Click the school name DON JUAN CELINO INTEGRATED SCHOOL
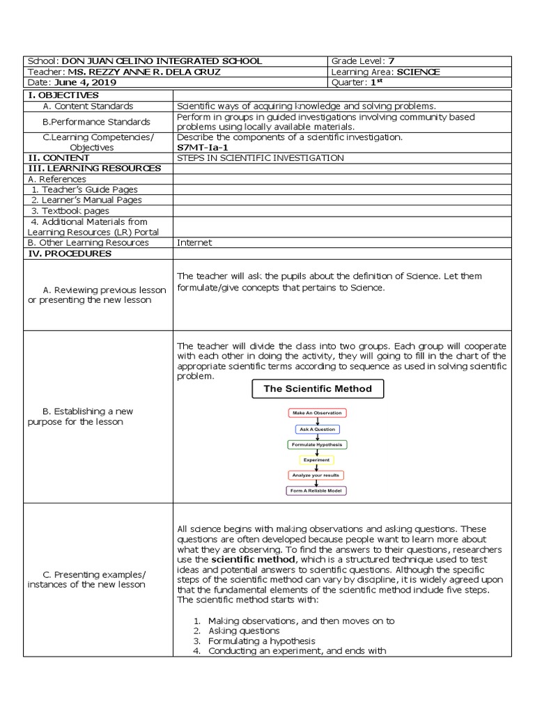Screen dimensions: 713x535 pyautogui.click(x=162, y=61)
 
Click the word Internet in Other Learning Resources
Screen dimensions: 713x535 pyautogui.click(x=194, y=243)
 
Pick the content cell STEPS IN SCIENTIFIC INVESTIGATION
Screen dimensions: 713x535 pyautogui.click(x=261, y=158)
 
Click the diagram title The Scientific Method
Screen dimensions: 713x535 pyautogui.click(x=317, y=389)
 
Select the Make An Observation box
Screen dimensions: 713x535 pyautogui.click(x=317, y=413)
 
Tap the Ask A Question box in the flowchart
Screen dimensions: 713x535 pyautogui.click(x=317, y=430)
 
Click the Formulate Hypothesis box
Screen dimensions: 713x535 pyautogui.click(x=317, y=444)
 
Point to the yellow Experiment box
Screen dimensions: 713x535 pyautogui.click(x=317, y=460)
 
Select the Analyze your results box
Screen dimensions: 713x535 pyautogui.click(x=317, y=475)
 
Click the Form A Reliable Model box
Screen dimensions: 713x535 pyautogui.click(x=317, y=490)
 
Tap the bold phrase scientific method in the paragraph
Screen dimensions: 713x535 pyautogui.click(x=252, y=559)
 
